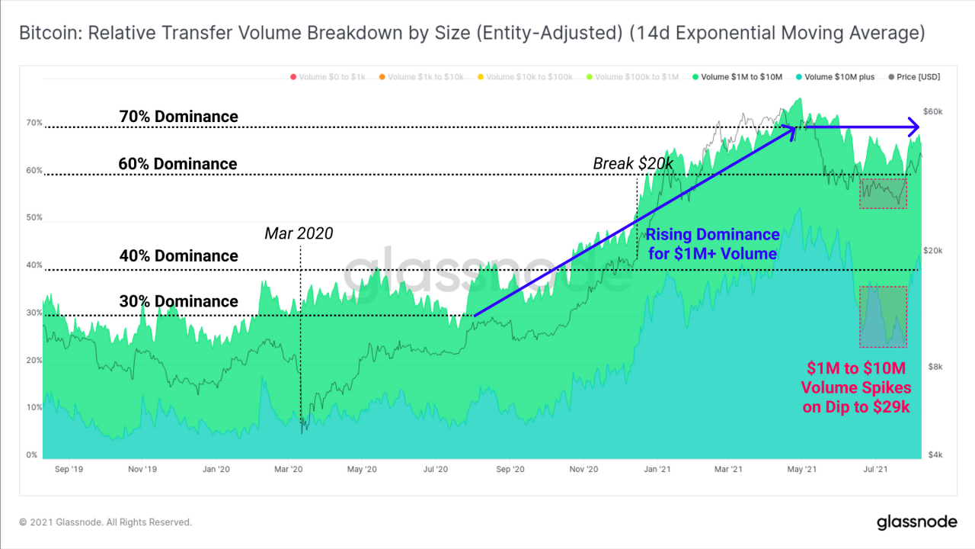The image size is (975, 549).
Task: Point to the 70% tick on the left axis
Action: [34, 123]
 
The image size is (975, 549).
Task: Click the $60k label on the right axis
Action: [932, 111]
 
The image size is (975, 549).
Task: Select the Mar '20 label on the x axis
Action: [289, 470]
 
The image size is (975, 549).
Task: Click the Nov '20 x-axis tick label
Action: [584, 470]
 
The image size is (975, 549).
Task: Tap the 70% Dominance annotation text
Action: [178, 117]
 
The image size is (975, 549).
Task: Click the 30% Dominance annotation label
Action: [178, 302]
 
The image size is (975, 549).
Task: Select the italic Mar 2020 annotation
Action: [299, 233]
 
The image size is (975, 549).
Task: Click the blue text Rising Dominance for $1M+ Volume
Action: [712, 244]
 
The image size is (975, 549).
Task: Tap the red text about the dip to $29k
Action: [856, 388]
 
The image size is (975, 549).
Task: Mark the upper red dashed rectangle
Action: [884, 194]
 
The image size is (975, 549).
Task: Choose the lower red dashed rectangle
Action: [883, 316]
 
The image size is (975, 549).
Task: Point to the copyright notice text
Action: [106, 522]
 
